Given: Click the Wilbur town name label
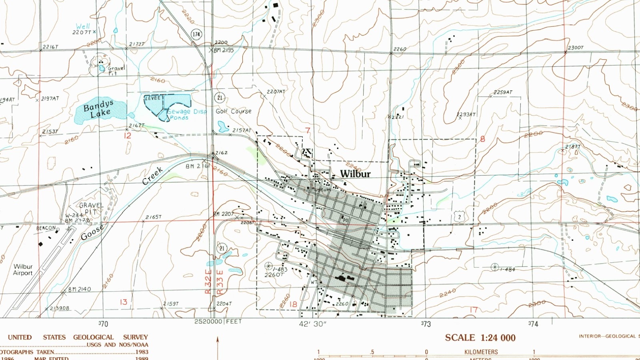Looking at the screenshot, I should pyautogui.click(x=355, y=174).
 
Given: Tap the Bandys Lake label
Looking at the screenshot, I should pyautogui.click(x=98, y=109).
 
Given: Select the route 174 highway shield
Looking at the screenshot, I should pyautogui.click(x=196, y=34).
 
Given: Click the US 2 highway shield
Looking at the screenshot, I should pyautogui.click(x=460, y=217).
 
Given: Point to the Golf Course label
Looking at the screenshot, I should pyautogui.click(x=234, y=111).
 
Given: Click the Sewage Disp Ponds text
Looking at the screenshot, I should pyautogui.click(x=186, y=114).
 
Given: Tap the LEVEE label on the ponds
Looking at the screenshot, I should pyautogui.click(x=152, y=98).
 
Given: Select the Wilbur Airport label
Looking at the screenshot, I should pyautogui.click(x=23, y=270).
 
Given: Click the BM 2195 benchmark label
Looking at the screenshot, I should pyautogui.click(x=224, y=50).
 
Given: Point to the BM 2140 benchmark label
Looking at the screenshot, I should pyautogui.click(x=79, y=289).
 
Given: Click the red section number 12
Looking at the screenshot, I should pyautogui.click(x=127, y=136).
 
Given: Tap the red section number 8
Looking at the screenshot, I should pyautogui.click(x=482, y=139).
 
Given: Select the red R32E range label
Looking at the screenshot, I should pyautogui.click(x=208, y=282).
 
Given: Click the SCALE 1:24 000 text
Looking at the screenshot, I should pyautogui.click(x=480, y=338).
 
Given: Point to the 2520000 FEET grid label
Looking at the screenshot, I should pyautogui.click(x=218, y=322).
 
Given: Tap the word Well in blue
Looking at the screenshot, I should pyautogui.click(x=83, y=26).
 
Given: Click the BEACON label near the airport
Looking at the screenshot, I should pyautogui.click(x=46, y=228).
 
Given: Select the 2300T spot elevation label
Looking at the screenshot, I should pyautogui.click(x=576, y=48).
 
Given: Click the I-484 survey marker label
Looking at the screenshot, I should pyautogui.click(x=507, y=270).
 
